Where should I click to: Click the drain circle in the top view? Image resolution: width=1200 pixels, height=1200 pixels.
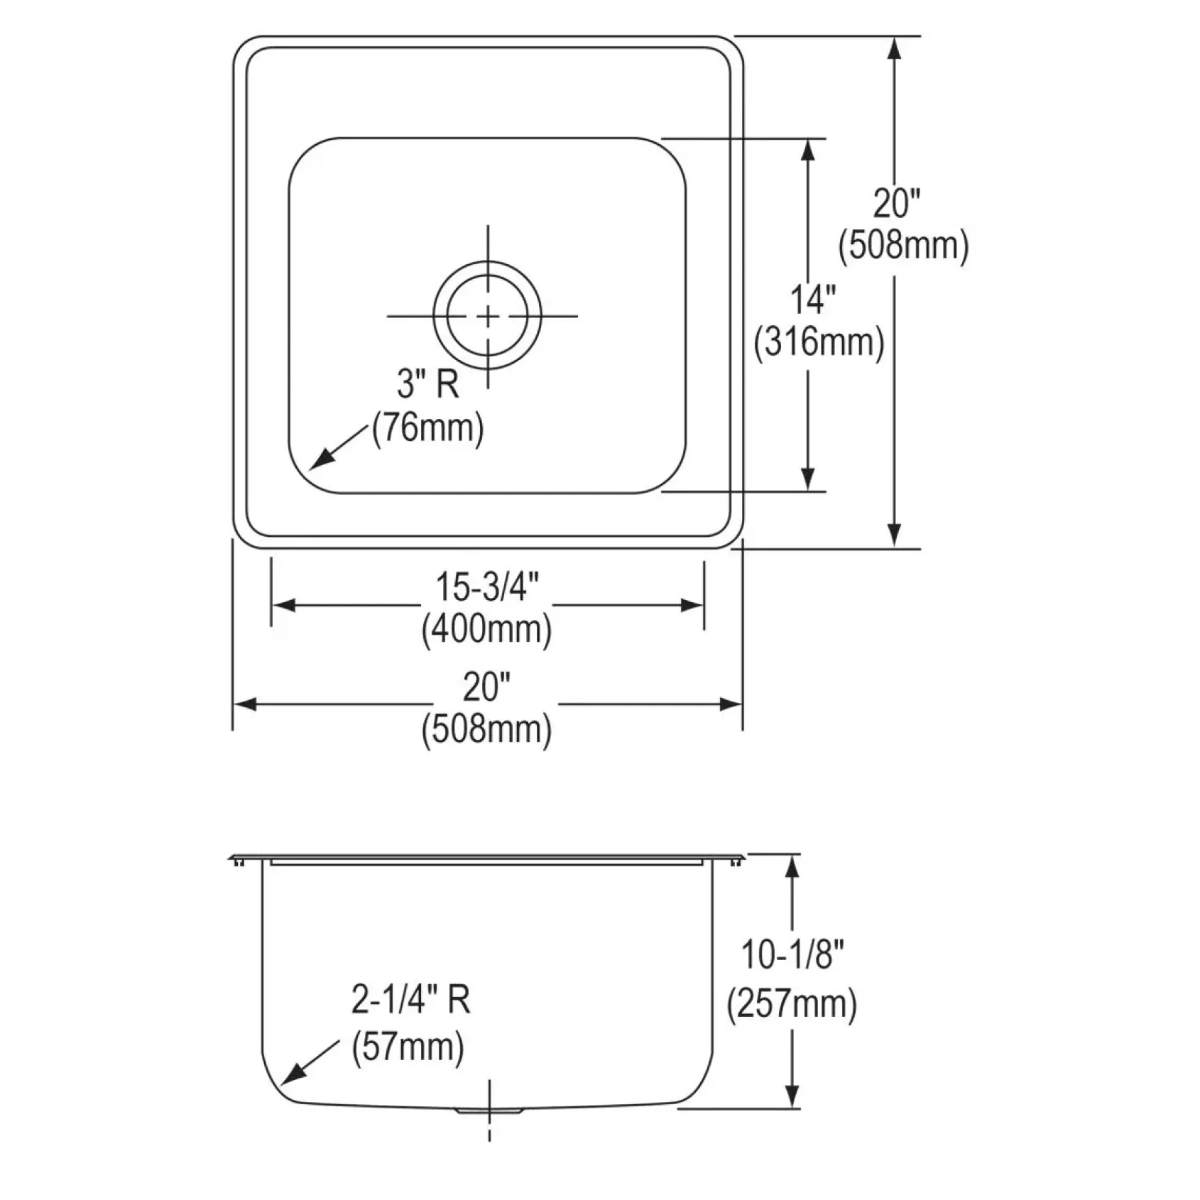pos(487,262)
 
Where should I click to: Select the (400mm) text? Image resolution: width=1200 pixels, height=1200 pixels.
pos(487,629)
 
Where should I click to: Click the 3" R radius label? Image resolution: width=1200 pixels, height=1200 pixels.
pos(427,386)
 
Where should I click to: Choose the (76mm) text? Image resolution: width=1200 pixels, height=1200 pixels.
pos(428,428)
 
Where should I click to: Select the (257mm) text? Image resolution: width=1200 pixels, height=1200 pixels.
pos(792,1004)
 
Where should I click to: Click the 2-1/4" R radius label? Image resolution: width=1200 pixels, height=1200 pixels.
pos(410,1000)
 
